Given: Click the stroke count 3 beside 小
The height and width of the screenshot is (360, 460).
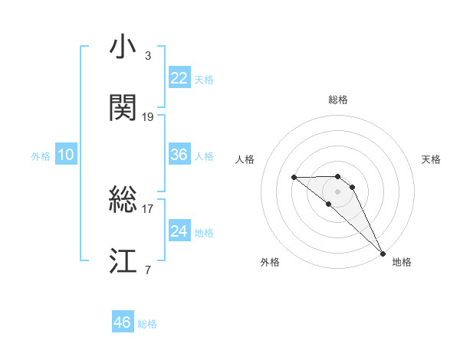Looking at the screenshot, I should pos(147,56).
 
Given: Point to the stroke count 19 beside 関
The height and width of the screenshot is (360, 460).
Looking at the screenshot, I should pos(148,117).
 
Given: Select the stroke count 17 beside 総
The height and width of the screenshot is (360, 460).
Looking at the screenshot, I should pos(148,208).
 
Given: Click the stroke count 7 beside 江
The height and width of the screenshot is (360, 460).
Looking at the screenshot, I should pos(147,270).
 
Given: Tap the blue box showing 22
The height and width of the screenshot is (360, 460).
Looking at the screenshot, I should pos(179,77).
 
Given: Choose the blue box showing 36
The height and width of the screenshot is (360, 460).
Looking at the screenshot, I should pos(179,155).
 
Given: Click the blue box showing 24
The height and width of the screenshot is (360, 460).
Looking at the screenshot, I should pos(179,231).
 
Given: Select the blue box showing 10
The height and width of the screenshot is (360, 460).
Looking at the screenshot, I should pos(66,155).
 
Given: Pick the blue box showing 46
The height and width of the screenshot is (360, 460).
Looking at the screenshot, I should pos(123,322).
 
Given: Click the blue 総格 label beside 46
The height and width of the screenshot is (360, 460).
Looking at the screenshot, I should pos(147,324).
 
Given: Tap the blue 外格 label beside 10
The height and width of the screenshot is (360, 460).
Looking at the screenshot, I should pos(41,156).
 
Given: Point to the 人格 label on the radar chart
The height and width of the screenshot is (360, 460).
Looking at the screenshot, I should pos(245,159).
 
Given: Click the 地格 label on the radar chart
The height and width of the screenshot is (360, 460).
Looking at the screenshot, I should pos(402,262).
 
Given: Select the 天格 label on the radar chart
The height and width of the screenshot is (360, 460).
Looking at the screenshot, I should pos(431,159).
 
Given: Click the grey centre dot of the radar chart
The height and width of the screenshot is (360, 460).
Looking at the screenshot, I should pos(337,191).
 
